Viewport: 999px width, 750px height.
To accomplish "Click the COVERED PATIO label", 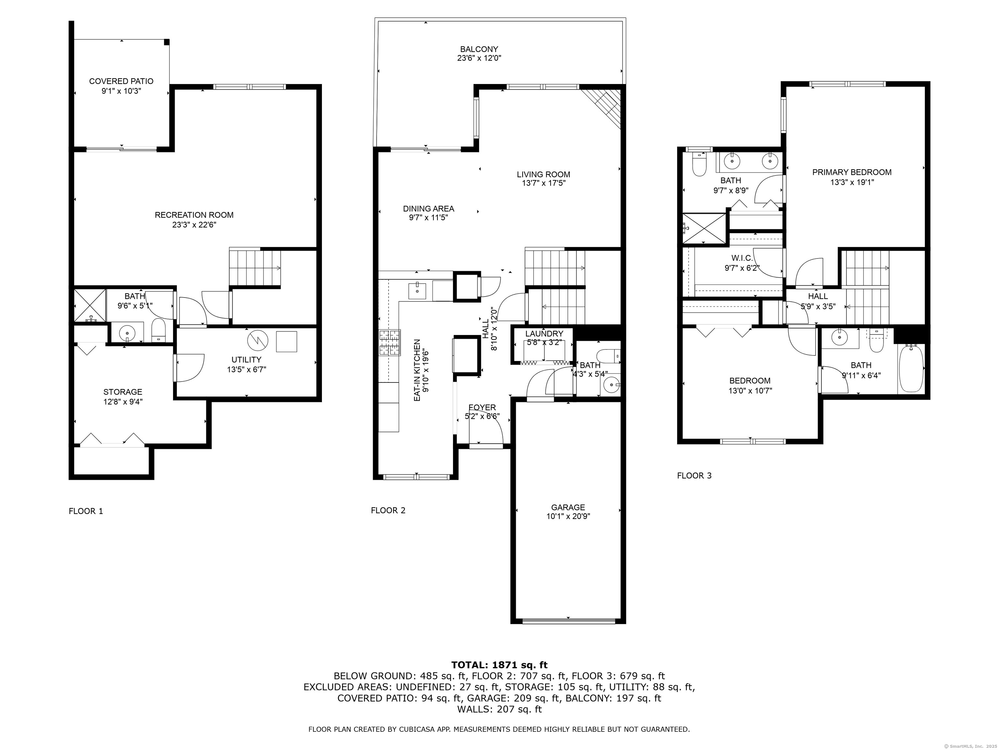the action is point(121,81).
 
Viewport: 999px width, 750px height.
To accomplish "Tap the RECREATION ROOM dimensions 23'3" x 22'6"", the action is point(194,225).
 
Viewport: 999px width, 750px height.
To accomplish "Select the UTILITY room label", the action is point(246,360).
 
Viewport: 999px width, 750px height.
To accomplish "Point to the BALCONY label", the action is point(479,49).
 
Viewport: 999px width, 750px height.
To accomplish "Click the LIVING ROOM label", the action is point(543,174).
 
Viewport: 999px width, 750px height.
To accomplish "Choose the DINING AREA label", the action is point(429,209).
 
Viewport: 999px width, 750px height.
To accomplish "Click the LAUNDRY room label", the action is point(544,334).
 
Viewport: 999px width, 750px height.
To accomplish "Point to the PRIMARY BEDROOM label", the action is point(852,172).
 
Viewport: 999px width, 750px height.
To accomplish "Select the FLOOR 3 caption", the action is point(694,476).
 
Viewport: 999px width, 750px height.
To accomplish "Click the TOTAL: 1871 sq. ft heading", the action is point(499,665).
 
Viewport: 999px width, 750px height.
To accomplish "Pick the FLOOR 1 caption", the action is point(86,511).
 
